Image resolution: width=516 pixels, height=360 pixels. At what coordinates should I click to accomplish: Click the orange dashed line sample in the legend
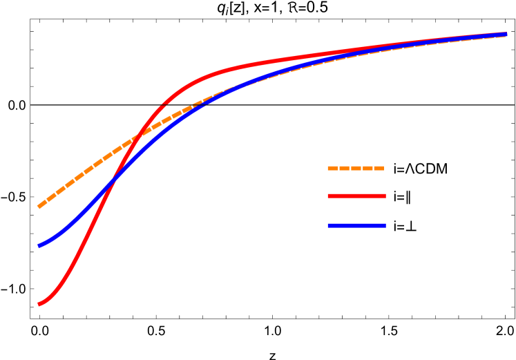356,168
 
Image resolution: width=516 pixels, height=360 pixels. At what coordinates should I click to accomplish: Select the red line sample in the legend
356,196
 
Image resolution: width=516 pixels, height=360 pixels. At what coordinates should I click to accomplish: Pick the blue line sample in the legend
356,225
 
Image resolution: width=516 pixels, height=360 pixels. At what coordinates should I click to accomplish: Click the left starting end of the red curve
39,304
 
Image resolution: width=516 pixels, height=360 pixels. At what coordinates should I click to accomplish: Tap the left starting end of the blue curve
39,245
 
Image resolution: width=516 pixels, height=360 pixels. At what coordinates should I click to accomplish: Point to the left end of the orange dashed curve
39,206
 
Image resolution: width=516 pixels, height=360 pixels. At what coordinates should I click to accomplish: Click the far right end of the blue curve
506,34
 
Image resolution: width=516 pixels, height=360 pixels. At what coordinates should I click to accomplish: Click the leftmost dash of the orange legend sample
332,168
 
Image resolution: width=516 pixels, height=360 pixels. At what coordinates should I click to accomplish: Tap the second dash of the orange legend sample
344,168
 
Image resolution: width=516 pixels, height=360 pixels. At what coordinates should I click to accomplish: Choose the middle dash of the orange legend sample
356,168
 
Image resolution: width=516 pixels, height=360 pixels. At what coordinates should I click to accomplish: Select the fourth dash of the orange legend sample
367,168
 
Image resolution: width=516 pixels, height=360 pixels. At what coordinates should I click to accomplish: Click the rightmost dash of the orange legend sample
379,168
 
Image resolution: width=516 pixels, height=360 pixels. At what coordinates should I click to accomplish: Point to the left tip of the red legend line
329,196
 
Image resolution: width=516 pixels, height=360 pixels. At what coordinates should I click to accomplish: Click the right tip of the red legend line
385,196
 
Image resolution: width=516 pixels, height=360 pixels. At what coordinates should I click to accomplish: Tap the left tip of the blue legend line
329,225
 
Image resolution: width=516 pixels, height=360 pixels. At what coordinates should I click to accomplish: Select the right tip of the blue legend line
385,225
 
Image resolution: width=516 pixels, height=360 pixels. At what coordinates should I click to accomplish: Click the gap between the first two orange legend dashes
338,168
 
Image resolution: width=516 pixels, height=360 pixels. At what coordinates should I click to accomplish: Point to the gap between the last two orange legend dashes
373,168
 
